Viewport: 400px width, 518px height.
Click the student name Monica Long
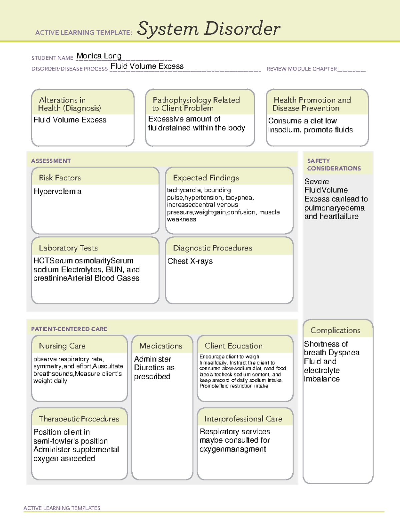99,56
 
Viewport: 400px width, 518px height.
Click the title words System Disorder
209,29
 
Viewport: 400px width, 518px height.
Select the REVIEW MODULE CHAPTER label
302,69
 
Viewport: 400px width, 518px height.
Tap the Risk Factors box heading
60,178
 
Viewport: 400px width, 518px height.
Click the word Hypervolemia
58,191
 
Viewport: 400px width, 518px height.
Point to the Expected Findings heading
206,178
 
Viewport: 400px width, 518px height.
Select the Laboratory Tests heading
68,248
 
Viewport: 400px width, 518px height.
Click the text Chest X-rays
190,261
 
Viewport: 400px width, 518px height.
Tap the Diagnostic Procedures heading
212,248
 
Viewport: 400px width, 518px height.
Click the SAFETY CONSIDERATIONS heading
334,164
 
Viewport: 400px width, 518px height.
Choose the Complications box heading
335,330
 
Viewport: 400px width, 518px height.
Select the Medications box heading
161,346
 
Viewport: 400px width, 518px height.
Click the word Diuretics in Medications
150,368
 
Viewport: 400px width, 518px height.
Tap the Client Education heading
233,346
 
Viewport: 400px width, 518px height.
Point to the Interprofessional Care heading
243,419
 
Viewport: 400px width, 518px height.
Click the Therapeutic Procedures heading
79,419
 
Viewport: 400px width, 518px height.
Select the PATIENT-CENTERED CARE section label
69,329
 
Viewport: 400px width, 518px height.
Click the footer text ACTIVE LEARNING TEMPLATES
62,508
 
